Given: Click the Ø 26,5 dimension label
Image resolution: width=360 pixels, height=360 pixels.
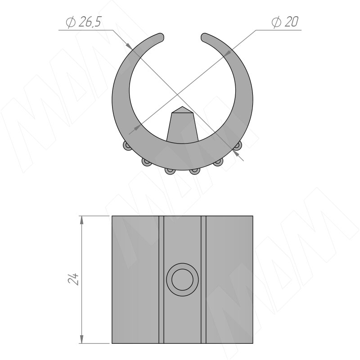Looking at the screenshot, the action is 84,22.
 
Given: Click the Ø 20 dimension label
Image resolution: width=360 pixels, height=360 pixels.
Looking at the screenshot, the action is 285,22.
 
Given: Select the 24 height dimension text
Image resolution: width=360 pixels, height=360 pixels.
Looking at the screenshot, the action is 73,279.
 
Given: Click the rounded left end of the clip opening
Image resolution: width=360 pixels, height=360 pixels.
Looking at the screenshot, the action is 161,37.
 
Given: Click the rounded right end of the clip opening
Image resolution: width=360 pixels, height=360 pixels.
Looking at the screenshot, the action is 204,37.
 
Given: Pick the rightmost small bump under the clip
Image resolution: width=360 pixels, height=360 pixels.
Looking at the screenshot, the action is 238,145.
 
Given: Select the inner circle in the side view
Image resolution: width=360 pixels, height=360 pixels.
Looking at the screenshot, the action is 182,279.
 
